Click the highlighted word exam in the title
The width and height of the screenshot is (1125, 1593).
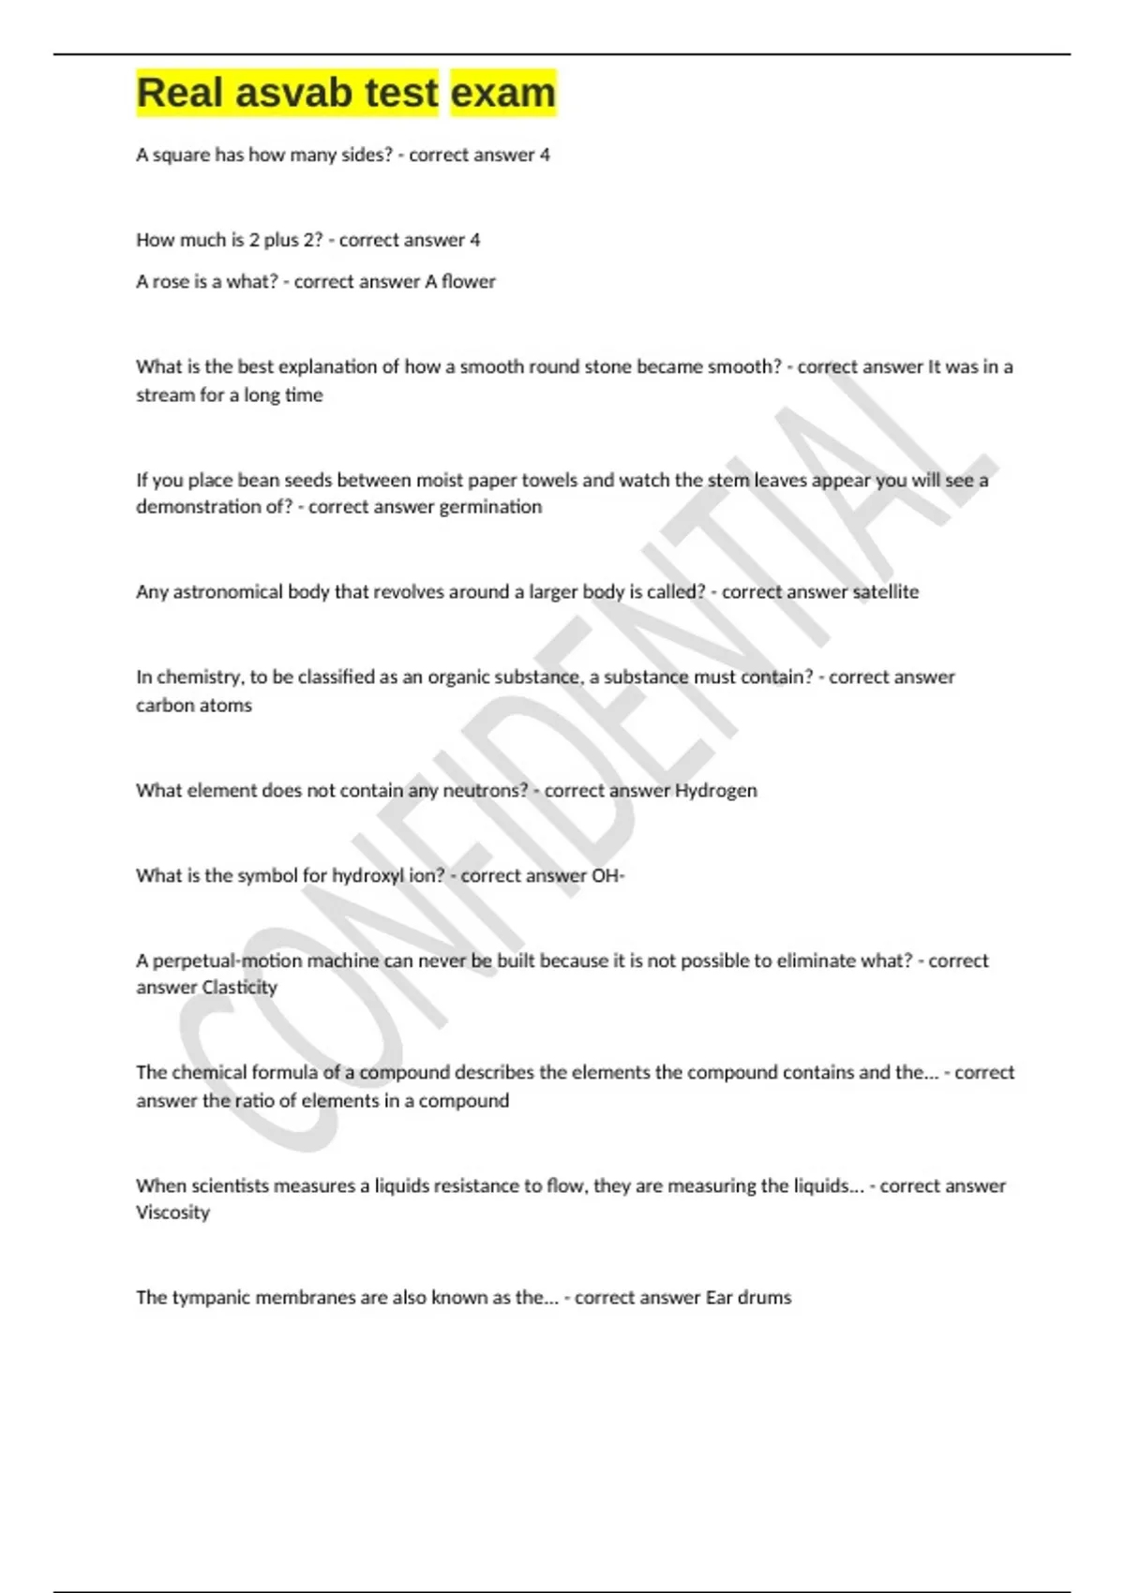(503, 93)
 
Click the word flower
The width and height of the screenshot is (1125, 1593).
(468, 281)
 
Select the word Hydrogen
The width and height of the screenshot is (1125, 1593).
(715, 790)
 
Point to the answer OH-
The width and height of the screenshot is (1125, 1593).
(607, 875)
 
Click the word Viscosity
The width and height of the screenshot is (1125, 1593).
(172, 1212)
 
